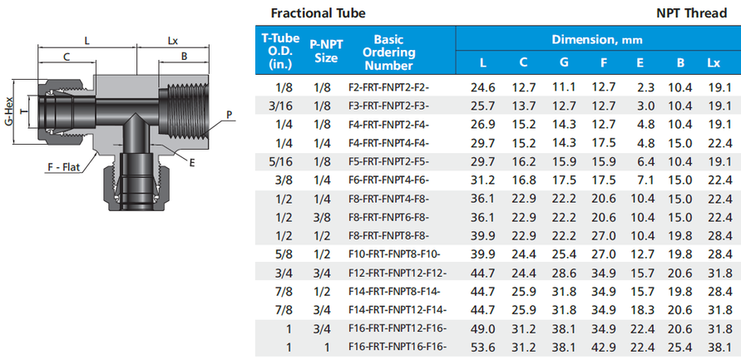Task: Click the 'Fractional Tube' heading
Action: click(318, 13)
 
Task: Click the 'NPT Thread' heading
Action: click(691, 13)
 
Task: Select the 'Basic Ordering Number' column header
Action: click(388, 52)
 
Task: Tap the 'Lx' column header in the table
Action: click(714, 62)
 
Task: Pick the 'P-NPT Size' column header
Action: click(326, 51)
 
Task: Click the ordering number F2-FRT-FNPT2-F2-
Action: click(389, 87)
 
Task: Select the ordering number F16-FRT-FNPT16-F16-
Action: click(398, 348)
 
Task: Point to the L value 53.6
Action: click(482, 348)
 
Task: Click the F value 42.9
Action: click(604, 348)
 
